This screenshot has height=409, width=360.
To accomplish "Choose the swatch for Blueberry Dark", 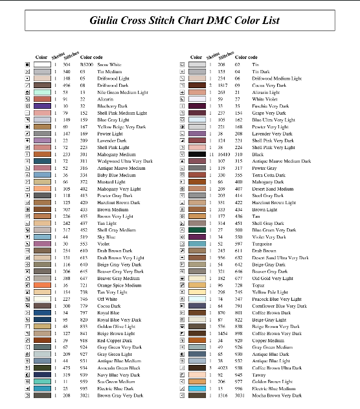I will pos(43,106).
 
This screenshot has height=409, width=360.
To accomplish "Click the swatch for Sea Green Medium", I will pos(43,381).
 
